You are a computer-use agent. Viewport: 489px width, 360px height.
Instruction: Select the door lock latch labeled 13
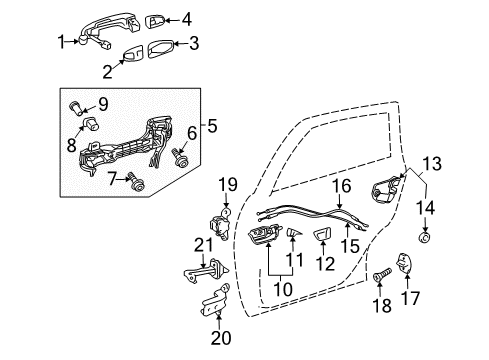387,189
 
